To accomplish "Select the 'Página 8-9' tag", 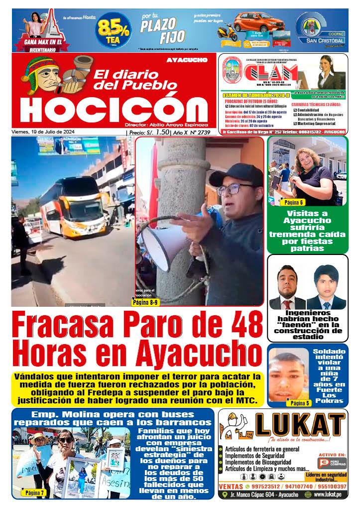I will click(145, 301).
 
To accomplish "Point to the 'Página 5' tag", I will click(300, 403).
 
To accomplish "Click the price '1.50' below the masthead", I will click(162, 132).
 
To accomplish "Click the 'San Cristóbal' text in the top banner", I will click(321, 40).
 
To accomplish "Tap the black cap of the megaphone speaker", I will click(237, 172).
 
